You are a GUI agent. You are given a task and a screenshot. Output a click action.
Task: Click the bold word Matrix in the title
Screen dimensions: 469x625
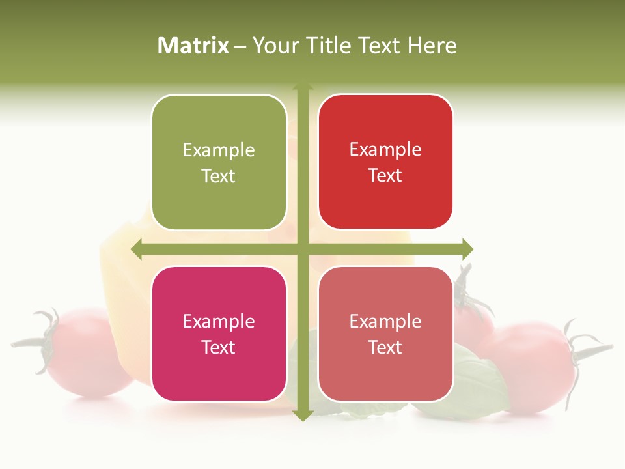(x=193, y=46)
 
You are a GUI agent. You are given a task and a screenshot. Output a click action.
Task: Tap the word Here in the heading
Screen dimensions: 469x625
(x=432, y=46)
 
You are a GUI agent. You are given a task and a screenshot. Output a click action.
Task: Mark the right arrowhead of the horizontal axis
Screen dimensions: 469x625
(x=467, y=249)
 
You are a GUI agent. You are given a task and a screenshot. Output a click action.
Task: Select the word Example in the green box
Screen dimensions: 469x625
(x=219, y=150)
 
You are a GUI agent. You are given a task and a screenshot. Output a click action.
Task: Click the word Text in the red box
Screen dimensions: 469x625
(x=385, y=176)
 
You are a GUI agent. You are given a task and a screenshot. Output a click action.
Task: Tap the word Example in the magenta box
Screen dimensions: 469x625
(x=219, y=322)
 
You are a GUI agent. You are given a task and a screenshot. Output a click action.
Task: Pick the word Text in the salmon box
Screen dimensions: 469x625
(x=385, y=347)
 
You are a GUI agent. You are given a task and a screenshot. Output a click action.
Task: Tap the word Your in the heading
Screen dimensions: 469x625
(x=274, y=46)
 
